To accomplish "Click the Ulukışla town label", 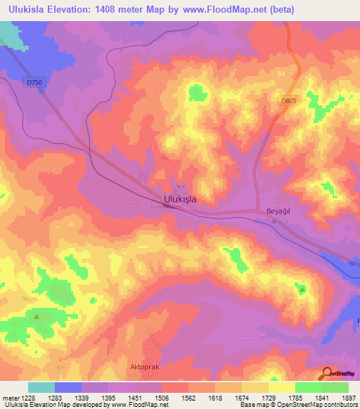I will [x=179, y=199].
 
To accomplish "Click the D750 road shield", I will [x=33, y=83].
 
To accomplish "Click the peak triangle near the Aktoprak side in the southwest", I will [x=36, y=316].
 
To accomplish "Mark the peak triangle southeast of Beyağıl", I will [x=302, y=289].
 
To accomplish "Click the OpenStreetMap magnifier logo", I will [x=327, y=373].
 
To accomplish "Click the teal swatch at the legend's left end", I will [x=41, y=387].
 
